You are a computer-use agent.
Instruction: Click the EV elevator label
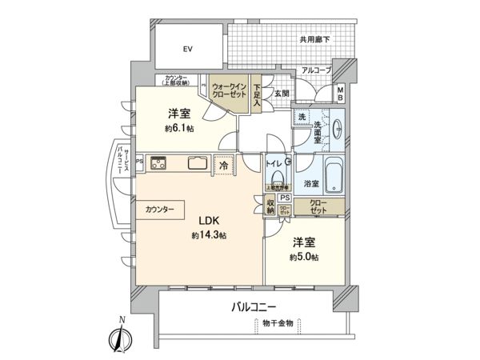187,49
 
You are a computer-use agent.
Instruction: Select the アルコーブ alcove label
316,71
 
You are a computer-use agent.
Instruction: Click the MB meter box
340,94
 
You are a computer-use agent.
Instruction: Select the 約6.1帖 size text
179,130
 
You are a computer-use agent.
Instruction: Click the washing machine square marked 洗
302,118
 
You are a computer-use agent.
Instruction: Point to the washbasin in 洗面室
337,129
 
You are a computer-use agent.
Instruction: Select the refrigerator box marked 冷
224,162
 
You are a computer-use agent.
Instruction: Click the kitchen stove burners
157,162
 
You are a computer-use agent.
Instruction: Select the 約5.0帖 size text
306,258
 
